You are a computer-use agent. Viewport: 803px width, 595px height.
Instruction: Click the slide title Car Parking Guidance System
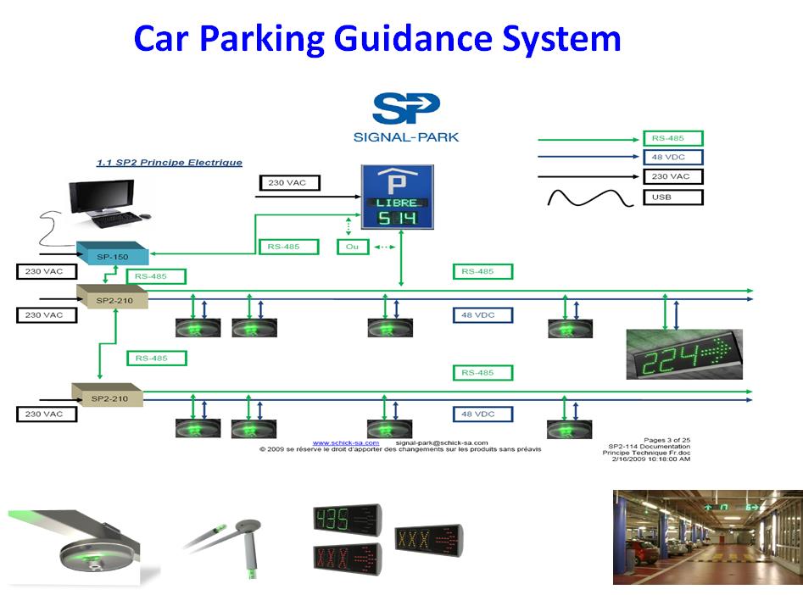click(x=377, y=40)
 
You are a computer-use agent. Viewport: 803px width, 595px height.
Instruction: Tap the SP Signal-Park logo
click(x=406, y=117)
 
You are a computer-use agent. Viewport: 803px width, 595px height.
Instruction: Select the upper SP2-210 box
click(x=112, y=297)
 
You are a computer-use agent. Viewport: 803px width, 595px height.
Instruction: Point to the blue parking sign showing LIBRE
click(x=398, y=197)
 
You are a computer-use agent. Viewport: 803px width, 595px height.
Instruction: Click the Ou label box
click(x=353, y=247)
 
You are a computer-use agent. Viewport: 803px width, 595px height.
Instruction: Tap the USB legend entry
click(x=672, y=197)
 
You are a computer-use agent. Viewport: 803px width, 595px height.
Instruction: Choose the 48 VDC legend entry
click(x=672, y=158)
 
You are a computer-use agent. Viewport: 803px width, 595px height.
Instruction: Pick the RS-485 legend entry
click(x=672, y=138)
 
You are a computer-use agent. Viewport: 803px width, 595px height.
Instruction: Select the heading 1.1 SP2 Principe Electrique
click(x=168, y=163)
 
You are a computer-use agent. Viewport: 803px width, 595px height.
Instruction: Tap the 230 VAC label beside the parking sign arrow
click(x=287, y=182)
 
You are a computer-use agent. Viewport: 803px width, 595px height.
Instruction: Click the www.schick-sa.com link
click(x=345, y=442)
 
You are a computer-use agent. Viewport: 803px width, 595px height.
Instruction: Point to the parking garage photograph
click(x=707, y=537)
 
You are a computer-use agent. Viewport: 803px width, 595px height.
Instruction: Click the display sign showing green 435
click(x=348, y=520)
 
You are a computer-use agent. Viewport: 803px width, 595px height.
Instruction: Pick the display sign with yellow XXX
click(x=428, y=539)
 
